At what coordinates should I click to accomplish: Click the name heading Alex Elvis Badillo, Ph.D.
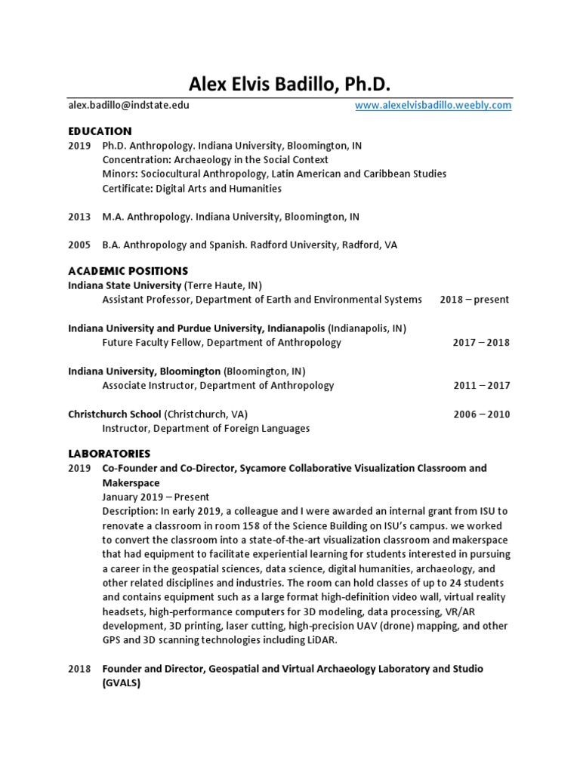[x=289, y=83]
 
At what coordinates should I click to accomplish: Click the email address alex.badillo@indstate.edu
[x=128, y=106]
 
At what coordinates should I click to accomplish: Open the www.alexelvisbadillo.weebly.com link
[x=433, y=106]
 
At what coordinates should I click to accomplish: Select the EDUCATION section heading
[x=100, y=131]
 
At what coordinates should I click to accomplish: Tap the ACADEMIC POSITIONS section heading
[x=128, y=271]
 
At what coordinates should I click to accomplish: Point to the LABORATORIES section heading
[x=109, y=454]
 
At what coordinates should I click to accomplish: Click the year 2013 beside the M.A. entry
[x=79, y=217]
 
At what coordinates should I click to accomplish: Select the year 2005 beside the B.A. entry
[x=79, y=245]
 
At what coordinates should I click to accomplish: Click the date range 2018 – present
[x=474, y=300]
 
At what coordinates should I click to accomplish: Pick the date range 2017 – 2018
[x=481, y=343]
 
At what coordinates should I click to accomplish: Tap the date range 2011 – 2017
[x=481, y=386]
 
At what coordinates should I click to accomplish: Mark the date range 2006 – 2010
[x=481, y=414]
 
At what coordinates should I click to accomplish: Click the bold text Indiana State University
[x=125, y=285]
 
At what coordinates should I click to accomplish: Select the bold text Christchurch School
[x=115, y=414]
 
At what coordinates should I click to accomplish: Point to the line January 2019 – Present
[x=156, y=497]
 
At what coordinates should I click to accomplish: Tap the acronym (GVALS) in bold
[x=122, y=683]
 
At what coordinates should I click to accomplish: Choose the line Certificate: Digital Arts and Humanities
[x=192, y=189]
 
